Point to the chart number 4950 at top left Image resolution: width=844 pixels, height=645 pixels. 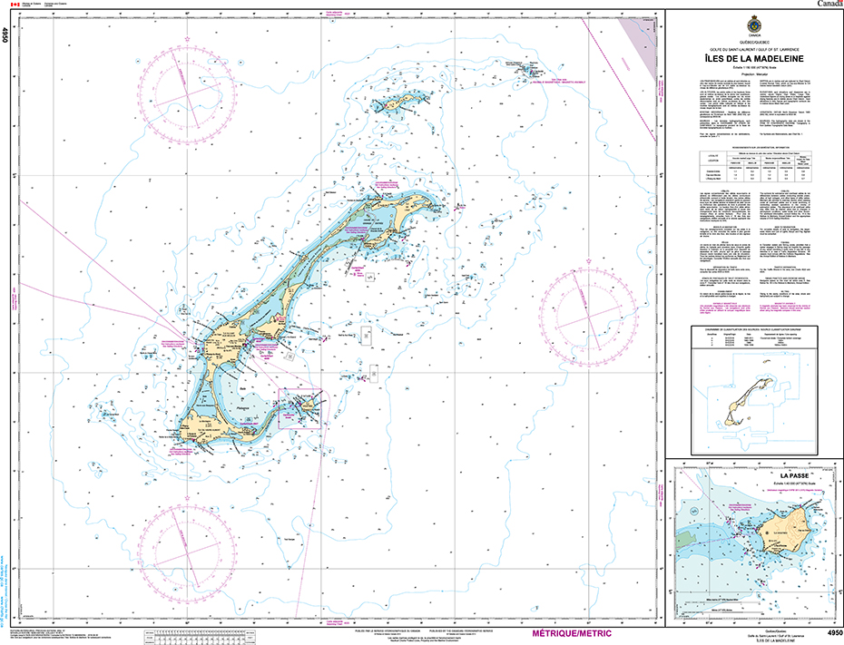point(5,35)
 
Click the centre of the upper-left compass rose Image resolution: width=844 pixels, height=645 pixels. point(187,89)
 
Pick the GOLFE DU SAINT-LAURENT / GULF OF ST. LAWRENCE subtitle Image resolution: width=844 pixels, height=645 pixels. point(754,47)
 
